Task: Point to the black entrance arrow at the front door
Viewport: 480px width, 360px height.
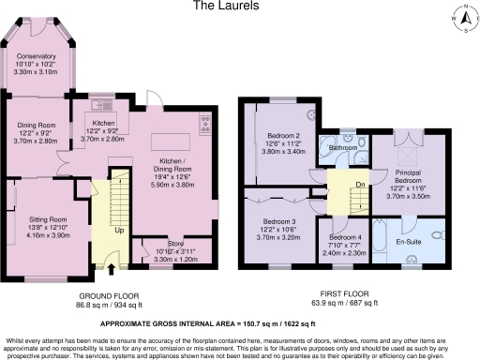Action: (113, 270)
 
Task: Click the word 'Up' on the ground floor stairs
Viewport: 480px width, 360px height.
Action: (119, 230)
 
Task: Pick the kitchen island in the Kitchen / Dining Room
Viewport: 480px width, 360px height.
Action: (173, 143)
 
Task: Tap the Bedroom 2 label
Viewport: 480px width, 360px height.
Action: (283, 135)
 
